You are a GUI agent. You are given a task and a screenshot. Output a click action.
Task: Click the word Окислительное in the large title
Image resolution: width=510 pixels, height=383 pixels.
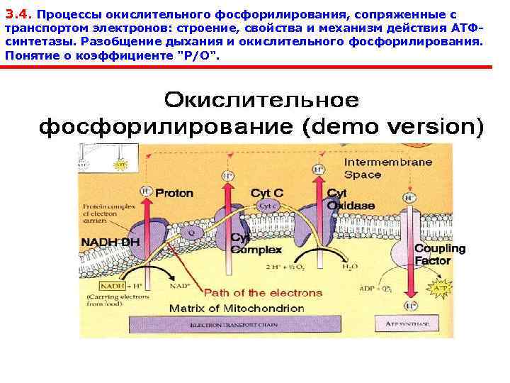(x=261, y=100)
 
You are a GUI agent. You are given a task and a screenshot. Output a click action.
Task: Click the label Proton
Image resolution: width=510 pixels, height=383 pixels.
(x=174, y=193)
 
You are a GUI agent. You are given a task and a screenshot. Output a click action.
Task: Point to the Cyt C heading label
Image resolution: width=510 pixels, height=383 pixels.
(x=266, y=193)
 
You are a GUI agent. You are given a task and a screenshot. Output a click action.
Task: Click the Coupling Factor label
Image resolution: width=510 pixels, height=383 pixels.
(x=439, y=254)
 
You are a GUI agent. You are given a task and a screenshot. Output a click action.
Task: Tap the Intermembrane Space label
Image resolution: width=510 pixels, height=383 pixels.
(x=387, y=168)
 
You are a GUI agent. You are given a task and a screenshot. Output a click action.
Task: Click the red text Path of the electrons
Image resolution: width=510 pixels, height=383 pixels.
(x=254, y=292)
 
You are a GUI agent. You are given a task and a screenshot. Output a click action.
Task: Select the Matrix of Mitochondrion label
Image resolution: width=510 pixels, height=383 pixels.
(x=237, y=309)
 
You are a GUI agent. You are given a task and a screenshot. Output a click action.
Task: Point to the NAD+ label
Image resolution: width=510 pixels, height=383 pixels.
(x=177, y=287)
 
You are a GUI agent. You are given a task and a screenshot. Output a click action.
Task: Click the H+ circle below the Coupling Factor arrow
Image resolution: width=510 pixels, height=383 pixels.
(x=409, y=306)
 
